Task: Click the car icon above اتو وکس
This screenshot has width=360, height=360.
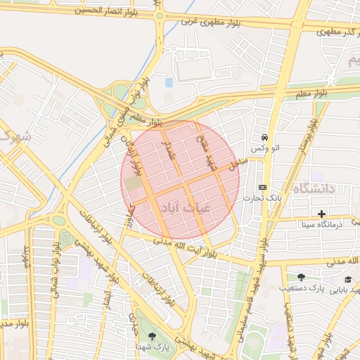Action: point(264,137)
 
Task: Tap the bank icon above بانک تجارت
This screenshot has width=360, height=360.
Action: point(262,187)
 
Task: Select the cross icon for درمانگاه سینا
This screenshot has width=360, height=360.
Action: point(321,214)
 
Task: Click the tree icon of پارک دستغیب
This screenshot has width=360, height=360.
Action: point(301,277)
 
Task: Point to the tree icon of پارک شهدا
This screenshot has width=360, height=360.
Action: point(153,336)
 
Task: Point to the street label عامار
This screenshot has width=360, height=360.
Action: point(169,150)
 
